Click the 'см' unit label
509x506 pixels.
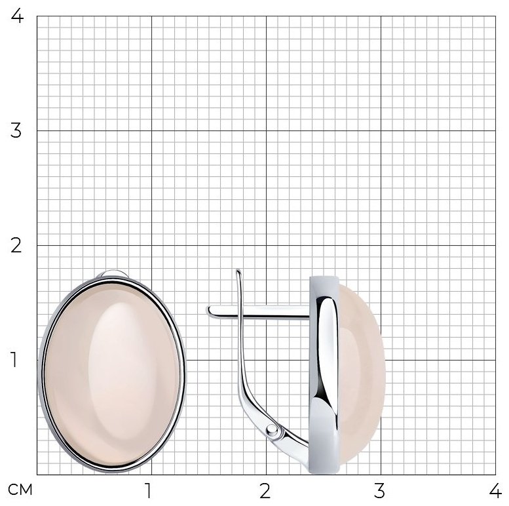point(20,490)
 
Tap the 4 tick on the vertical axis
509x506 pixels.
point(17,16)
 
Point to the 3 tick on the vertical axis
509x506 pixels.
point(16,130)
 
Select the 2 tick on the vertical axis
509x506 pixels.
point(16,245)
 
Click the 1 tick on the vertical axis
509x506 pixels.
point(14,360)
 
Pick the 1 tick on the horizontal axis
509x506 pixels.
point(148,491)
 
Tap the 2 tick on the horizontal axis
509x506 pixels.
point(265,491)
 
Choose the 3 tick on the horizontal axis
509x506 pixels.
point(379,491)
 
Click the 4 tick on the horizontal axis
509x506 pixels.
point(495,491)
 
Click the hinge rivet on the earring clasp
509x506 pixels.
point(272,431)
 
